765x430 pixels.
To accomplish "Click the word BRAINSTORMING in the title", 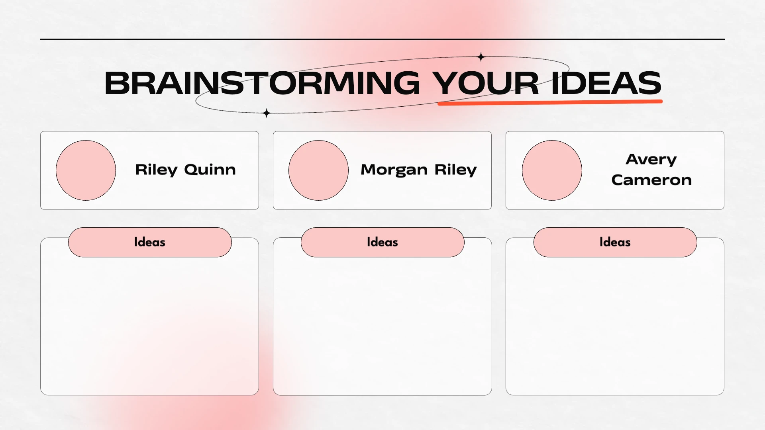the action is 262,83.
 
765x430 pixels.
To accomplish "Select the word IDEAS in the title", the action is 606,83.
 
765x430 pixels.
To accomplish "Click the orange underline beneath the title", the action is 550,102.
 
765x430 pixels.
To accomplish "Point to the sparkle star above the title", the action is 481,57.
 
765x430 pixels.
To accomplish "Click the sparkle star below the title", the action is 267,113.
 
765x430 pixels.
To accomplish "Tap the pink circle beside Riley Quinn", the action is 86,170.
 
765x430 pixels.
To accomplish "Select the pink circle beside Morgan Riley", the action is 318,170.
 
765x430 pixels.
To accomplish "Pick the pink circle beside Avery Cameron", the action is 552,170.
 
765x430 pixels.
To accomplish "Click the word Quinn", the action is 210,170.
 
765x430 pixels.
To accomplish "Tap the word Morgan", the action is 394,170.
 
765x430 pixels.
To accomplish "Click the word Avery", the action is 651,160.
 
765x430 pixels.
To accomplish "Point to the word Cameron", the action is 651,180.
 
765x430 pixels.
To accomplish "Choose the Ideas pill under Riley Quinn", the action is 150,242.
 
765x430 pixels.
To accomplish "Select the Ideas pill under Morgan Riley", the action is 382,242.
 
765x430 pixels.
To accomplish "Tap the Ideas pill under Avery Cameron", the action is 615,242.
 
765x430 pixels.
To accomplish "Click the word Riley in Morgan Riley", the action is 455,170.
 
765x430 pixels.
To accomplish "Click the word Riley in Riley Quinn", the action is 156,170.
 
